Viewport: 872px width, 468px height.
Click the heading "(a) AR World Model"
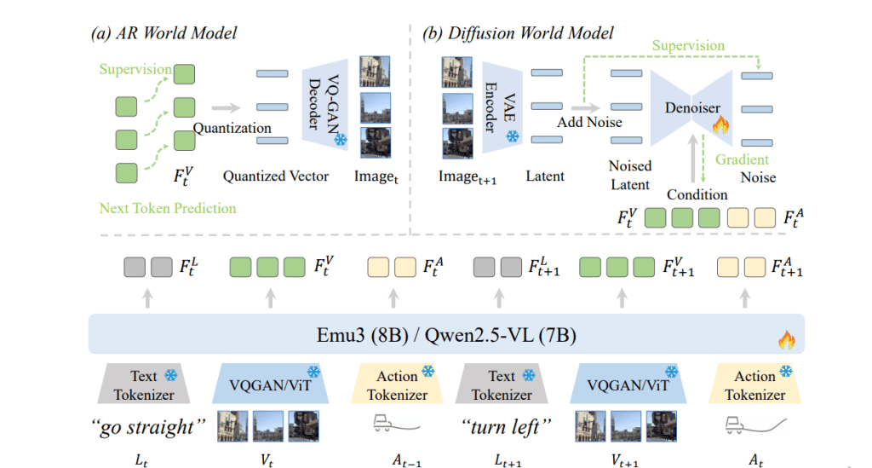pos(163,33)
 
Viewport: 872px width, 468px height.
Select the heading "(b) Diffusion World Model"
pos(518,33)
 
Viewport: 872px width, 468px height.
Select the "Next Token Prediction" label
pos(168,207)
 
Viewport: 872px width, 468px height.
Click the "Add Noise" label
pos(589,122)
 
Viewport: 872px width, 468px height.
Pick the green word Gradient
pos(742,159)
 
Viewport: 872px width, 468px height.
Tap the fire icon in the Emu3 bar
pos(785,340)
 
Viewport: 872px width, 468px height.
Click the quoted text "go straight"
pos(150,425)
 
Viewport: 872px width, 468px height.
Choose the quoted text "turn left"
pos(502,425)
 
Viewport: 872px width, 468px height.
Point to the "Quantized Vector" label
pos(276,176)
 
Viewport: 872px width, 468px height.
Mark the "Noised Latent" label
pos(630,175)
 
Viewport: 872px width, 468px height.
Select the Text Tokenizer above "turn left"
pos(502,384)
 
